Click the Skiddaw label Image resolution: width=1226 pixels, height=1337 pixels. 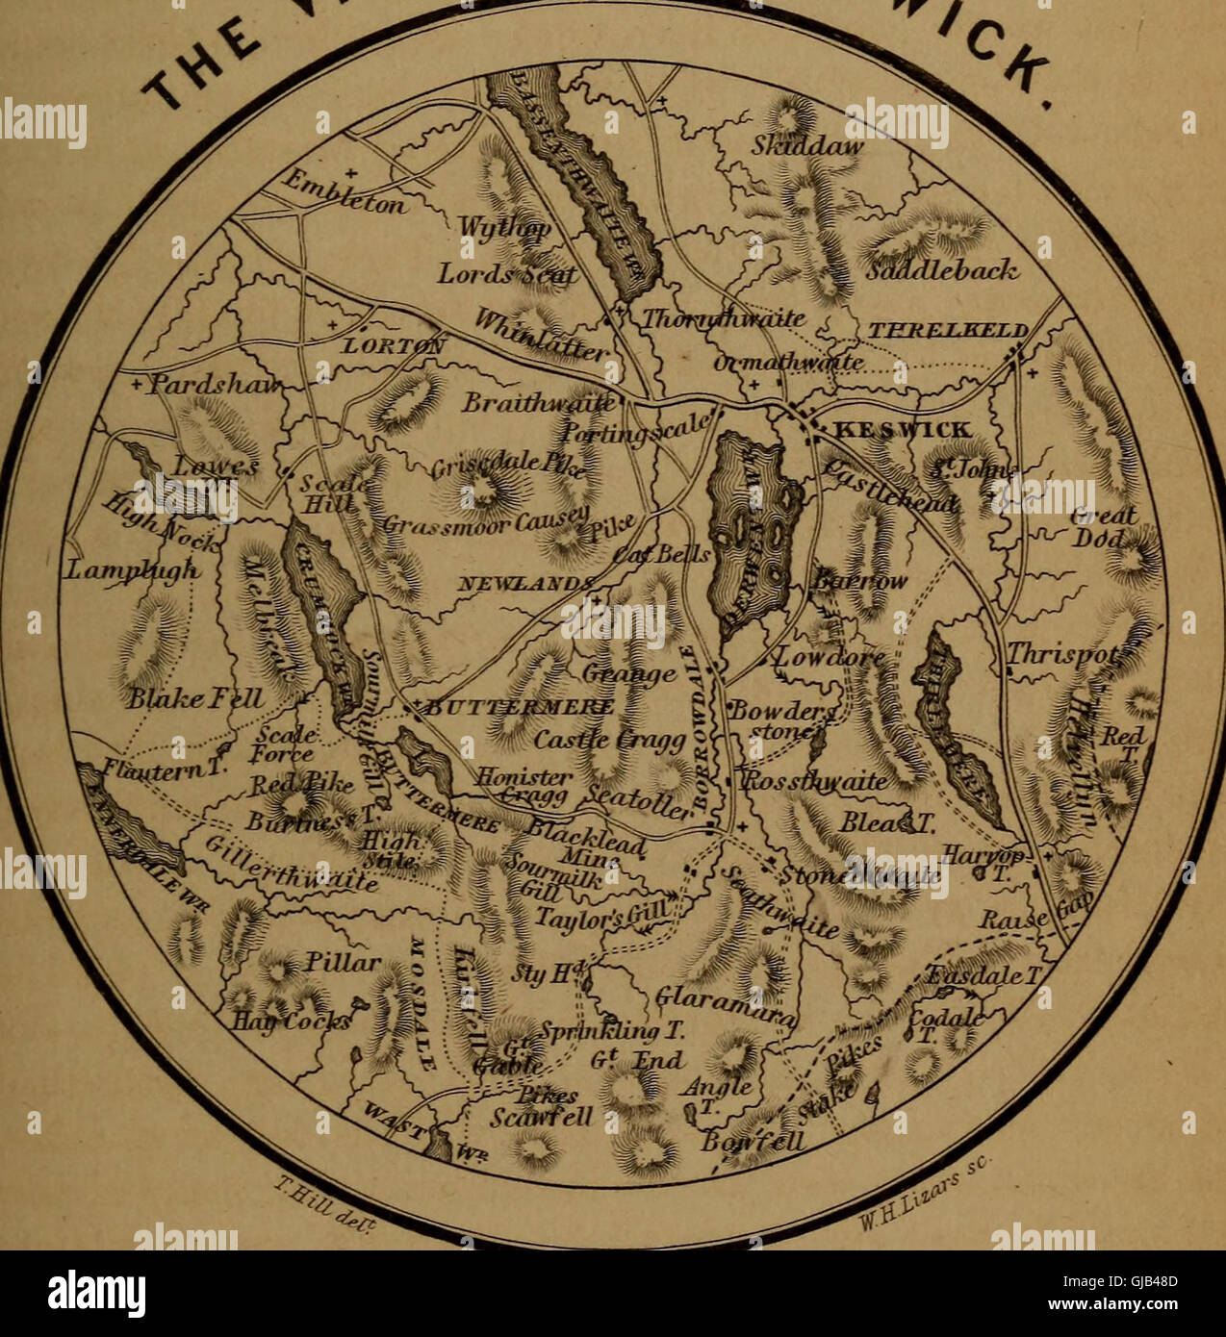click(x=807, y=147)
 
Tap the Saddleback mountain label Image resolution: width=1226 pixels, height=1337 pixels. click(x=941, y=270)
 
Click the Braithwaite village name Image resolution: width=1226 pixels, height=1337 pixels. click(x=539, y=402)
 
